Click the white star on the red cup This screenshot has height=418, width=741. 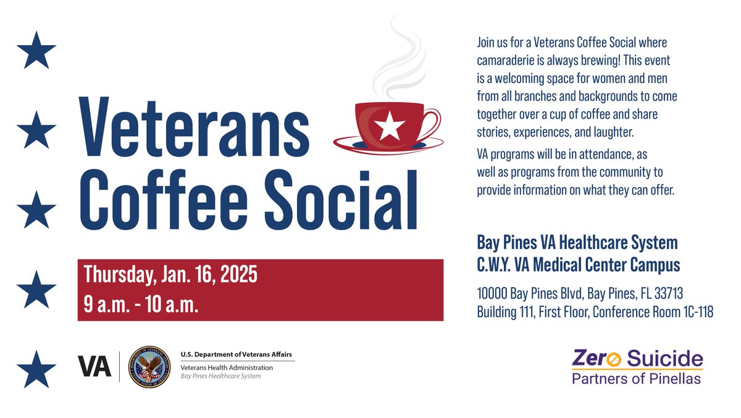tap(390, 126)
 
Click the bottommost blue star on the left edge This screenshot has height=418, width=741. tap(36, 369)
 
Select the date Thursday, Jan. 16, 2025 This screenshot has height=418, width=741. tap(170, 274)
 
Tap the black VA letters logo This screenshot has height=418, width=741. tap(94, 366)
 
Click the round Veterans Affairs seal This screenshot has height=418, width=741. tap(148, 365)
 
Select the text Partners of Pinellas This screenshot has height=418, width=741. tap(636, 378)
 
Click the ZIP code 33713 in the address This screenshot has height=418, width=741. tap(666, 292)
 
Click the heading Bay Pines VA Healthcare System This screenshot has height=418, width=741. tap(577, 242)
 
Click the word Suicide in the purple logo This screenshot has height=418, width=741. tap(665, 358)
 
